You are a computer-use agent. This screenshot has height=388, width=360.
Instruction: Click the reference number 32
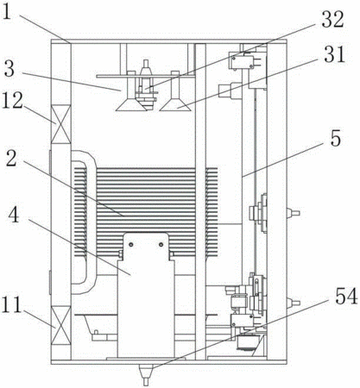tap(333, 19)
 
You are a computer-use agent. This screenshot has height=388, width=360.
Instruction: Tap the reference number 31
tap(334, 54)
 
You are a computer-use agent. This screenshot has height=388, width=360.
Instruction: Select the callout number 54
tap(346, 297)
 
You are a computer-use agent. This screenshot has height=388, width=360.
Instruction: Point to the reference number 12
tap(12, 101)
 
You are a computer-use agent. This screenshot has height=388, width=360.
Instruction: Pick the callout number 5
tap(335, 139)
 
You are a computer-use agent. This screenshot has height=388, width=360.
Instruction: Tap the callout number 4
tap(14, 216)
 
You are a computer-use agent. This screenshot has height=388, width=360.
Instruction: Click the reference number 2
tap(11, 159)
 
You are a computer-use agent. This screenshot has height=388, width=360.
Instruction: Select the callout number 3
tap(9, 69)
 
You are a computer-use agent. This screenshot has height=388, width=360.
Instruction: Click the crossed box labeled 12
tap(60, 124)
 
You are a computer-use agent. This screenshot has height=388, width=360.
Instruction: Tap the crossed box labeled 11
tap(60, 325)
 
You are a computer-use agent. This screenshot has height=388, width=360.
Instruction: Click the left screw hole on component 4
tap(131, 245)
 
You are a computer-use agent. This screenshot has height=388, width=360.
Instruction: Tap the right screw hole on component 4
tap(161, 245)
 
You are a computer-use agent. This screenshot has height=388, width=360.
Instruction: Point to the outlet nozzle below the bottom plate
tap(146, 374)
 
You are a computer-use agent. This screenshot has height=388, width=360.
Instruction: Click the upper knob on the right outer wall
tap(294, 213)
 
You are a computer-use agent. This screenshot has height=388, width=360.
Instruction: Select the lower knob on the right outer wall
tap(294, 303)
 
